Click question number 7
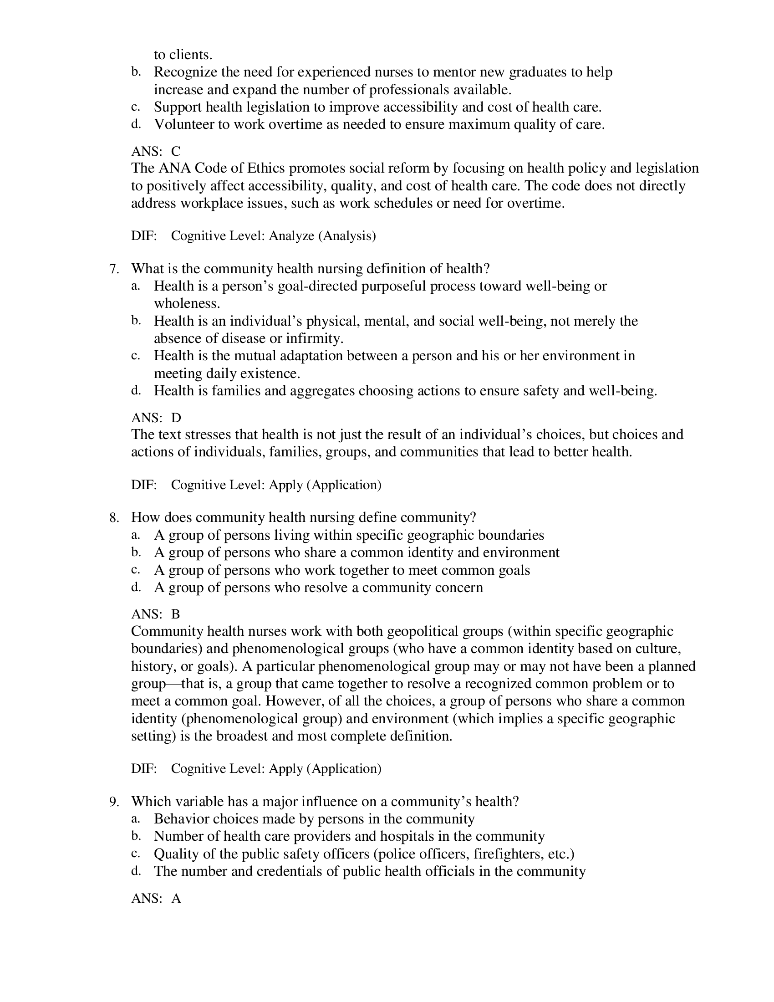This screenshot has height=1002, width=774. tap(114, 269)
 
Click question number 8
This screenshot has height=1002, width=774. tap(114, 518)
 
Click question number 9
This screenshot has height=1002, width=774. tap(114, 802)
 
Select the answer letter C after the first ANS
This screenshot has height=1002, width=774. tap(176, 151)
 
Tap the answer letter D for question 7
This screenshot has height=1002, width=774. tap(176, 418)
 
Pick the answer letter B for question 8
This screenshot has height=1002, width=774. tap(176, 614)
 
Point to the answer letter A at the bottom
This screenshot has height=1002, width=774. tap(176, 899)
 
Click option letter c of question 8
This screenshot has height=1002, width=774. tap(135, 570)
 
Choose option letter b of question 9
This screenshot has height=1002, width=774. tap(135, 836)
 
